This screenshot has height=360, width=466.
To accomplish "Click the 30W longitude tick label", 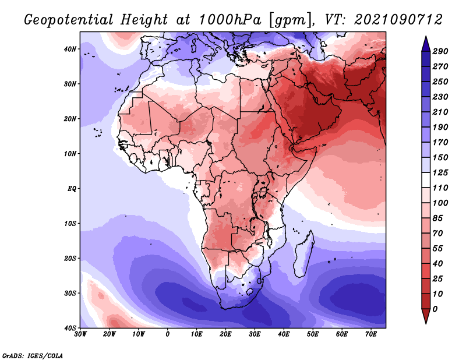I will pyautogui.click(x=80, y=334).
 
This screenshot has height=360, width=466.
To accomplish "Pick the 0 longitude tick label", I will pyautogui.click(x=168, y=334).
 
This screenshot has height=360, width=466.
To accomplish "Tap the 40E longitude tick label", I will pyautogui.click(x=284, y=334).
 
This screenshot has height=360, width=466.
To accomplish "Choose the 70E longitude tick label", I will pyautogui.click(x=371, y=334).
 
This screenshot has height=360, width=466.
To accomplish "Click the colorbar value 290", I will pyautogui.click(x=440, y=52).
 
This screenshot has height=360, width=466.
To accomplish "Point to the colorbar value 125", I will pyautogui.click(x=440, y=173).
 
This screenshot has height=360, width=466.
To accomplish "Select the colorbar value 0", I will pyautogui.click(x=436, y=308).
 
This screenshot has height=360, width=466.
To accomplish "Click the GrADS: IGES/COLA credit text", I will pyautogui.click(x=33, y=355).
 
